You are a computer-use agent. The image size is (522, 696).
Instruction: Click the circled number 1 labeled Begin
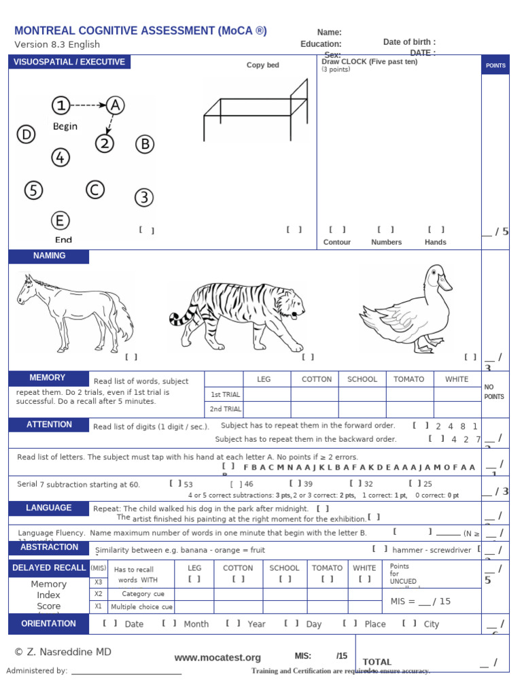coord(61,105)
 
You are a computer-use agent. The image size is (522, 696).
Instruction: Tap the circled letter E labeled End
coord(60,221)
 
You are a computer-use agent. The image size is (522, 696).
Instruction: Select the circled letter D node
coord(26,135)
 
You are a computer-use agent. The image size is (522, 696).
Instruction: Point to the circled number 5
coord(33,190)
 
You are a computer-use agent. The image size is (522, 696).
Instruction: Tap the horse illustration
coord(75,309)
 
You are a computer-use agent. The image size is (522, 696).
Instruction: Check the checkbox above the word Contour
coord(337,230)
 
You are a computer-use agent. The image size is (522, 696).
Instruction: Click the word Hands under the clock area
coord(436,242)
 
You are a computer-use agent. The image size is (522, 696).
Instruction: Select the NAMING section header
coord(49,256)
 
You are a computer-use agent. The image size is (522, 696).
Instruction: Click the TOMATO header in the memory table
coord(409,379)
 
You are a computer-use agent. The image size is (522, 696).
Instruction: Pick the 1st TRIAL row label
coord(225,394)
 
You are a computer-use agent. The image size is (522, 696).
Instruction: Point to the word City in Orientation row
coord(432,624)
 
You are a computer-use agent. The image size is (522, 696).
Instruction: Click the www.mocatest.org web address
coord(217,657)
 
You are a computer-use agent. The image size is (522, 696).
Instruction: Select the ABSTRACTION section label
coord(49,547)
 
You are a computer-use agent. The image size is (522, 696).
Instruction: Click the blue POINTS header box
coord(495,65)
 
